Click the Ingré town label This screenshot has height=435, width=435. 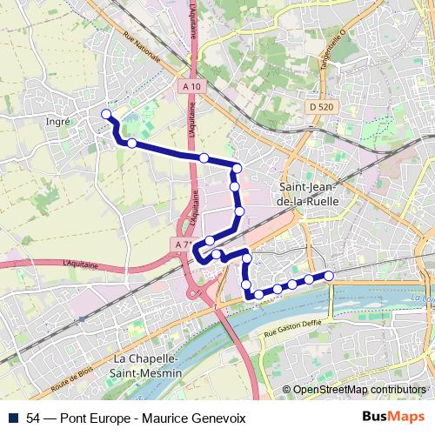(x=57, y=123)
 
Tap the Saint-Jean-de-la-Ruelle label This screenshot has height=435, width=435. (x=311, y=193)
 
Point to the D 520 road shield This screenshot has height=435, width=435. (x=321, y=106)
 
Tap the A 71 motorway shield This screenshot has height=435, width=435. (x=182, y=245)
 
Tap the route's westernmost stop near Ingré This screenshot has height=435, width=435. (x=107, y=114)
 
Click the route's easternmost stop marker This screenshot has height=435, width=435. (x=330, y=276)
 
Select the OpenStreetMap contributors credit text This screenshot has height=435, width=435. (x=359, y=390)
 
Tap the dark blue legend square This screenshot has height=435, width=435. (x=13, y=418)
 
